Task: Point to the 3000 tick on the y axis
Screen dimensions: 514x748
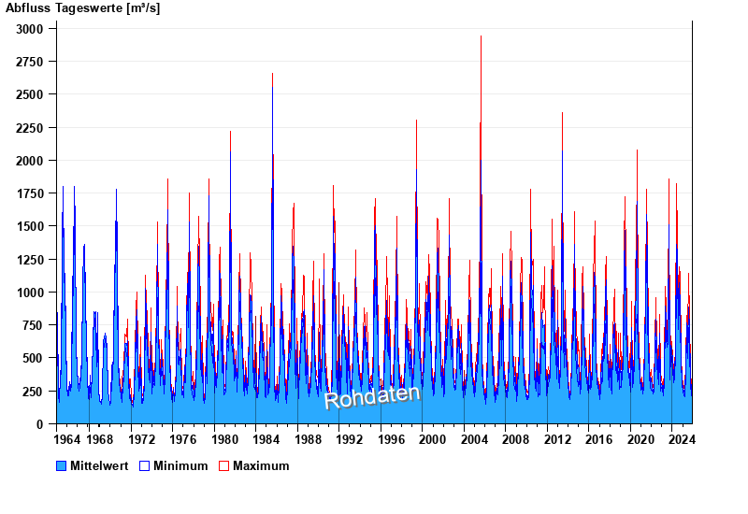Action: point(30,29)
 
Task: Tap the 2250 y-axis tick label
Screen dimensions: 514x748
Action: point(30,128)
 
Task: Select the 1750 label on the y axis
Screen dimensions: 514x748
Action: point(30,193)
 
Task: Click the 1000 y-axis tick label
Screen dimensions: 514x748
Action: point(30,293)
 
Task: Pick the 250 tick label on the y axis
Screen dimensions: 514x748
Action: point(34,392)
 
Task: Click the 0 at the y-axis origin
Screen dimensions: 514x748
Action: point(40,424)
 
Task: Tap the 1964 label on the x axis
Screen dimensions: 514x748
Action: point(67,439)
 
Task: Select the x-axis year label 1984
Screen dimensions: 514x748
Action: point(266,439)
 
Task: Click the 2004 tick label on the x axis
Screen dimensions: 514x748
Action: point(473,439)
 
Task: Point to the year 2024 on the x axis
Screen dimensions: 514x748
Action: point(681,439)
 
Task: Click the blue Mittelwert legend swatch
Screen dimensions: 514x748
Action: point(62,465)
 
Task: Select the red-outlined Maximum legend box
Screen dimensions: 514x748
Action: point(223,465)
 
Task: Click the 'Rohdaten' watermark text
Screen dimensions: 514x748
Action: point(372,396)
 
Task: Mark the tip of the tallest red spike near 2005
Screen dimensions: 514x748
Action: point(481,36)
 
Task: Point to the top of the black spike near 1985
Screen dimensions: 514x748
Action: point(273,74)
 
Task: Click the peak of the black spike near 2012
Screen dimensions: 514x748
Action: point(562,113)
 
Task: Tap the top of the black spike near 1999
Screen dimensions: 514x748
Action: point(417,121)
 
